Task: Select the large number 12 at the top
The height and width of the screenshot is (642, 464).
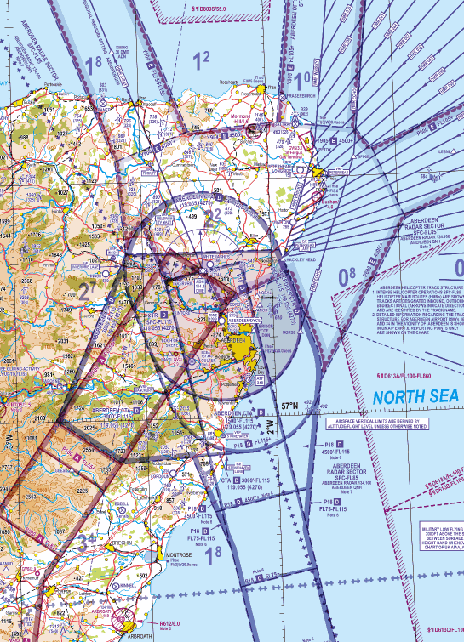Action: (x=201, y=60)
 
